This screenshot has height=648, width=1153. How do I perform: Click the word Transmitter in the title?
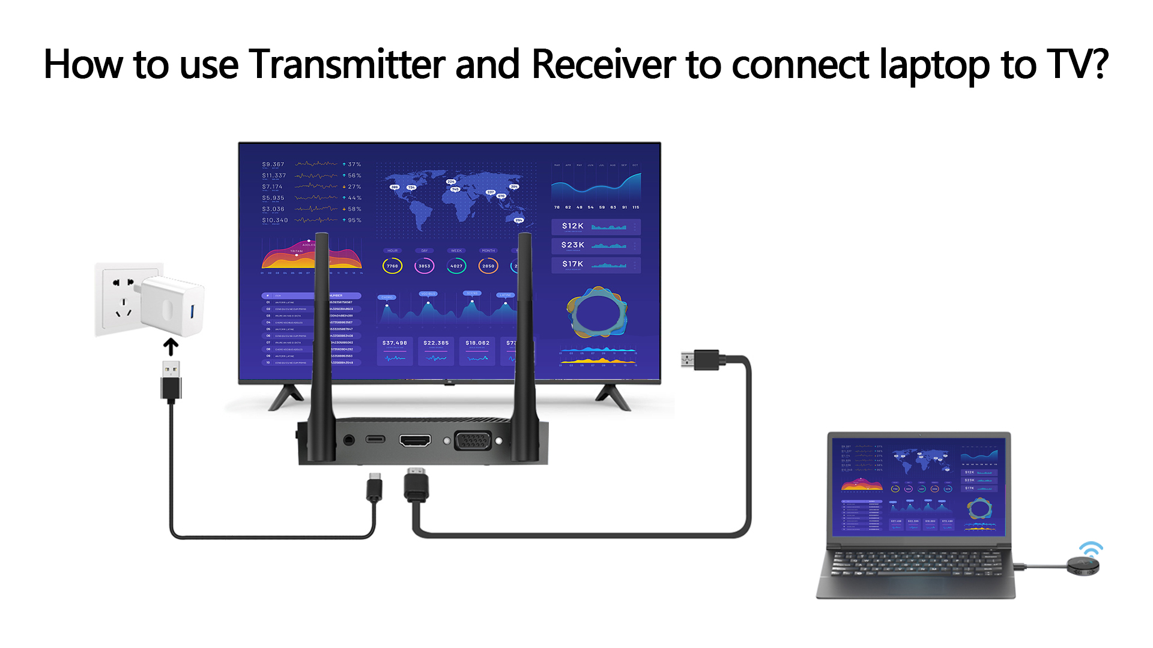point(347,64)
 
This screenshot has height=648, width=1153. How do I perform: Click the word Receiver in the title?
point(604,64)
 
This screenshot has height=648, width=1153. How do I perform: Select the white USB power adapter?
point(173,306)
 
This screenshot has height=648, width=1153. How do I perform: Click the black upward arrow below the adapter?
point(171,347)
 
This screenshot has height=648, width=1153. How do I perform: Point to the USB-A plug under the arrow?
point(171,380)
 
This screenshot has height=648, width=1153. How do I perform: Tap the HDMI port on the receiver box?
point(415,441)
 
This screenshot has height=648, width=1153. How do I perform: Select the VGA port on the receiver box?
point(473,441)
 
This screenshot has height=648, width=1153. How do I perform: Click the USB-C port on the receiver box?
point(375,440)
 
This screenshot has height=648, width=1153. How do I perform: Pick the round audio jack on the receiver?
point(350,440)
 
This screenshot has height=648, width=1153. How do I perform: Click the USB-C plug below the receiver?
point(375,487)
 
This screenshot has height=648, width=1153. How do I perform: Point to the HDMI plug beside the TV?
point(700,360)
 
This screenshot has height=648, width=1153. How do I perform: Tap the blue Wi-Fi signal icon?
point(1091,549)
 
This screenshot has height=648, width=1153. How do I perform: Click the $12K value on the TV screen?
point(572,226)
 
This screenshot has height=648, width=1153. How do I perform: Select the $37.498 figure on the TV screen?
point(395,343)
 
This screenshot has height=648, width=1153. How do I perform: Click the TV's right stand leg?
point(613,397)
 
